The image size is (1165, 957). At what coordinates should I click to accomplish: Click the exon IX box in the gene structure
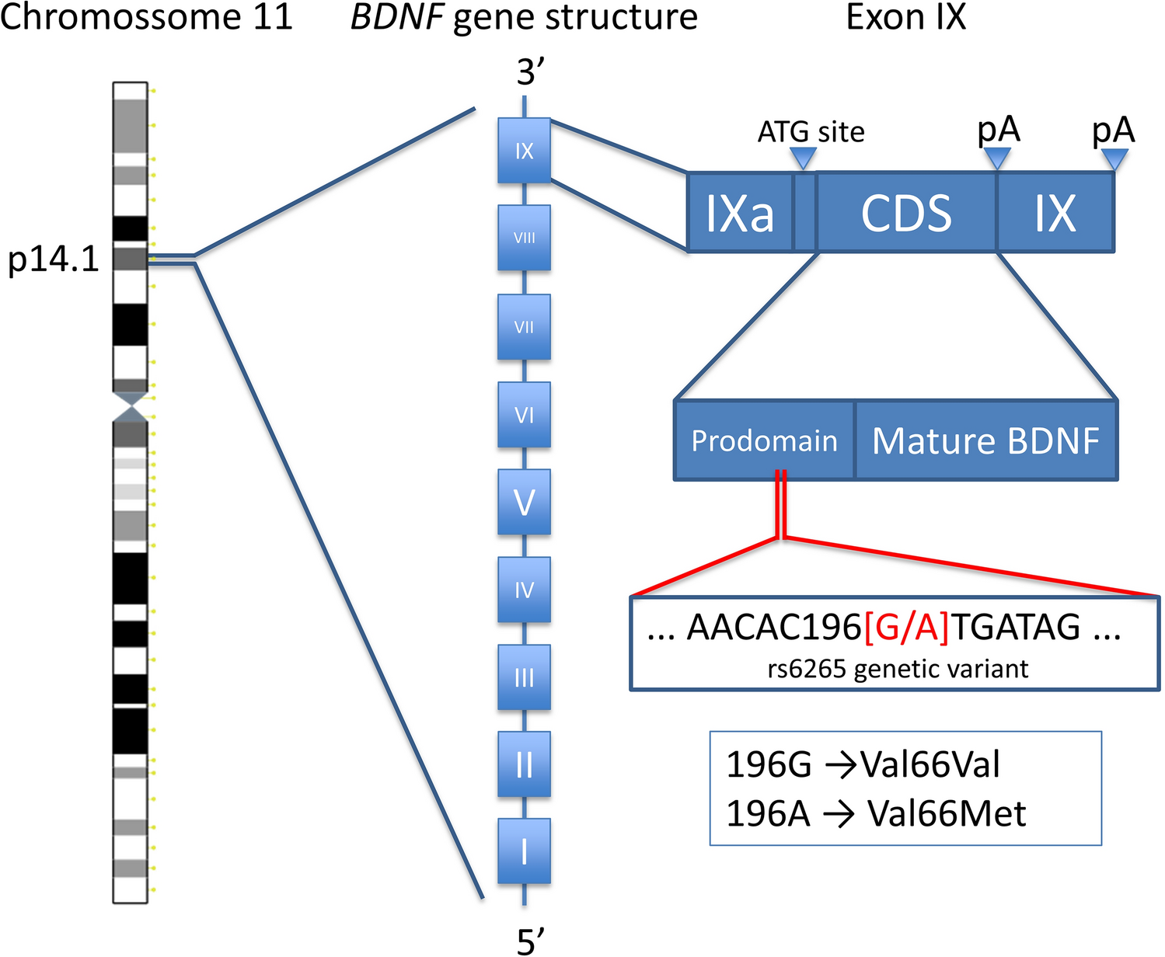click(524, 151)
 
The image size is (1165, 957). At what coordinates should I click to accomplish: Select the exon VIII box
click(524, 238)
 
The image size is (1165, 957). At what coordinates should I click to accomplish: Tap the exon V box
click(524, 502)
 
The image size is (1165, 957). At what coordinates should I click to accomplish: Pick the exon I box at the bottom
click(524, 851)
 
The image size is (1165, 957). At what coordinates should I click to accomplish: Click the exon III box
click(524, 677)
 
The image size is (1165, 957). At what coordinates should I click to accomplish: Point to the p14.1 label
click(54, 259)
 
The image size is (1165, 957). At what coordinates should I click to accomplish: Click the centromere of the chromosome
click(130, 407)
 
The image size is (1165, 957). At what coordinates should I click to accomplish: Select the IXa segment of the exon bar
click(739, 213)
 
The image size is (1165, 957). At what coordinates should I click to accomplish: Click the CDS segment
click(906, 213)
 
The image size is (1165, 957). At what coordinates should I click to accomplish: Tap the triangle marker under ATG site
click(803, 158)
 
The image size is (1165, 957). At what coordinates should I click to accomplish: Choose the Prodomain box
click(764, 440)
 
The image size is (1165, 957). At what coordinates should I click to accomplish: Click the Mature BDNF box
click(985, 440)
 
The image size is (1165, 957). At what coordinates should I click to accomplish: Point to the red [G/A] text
click(906, 627)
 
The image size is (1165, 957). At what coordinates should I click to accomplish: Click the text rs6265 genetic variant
click(898, 669)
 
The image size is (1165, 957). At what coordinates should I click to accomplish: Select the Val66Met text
click(946, 813)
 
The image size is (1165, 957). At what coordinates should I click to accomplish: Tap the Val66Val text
click(930, 764)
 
